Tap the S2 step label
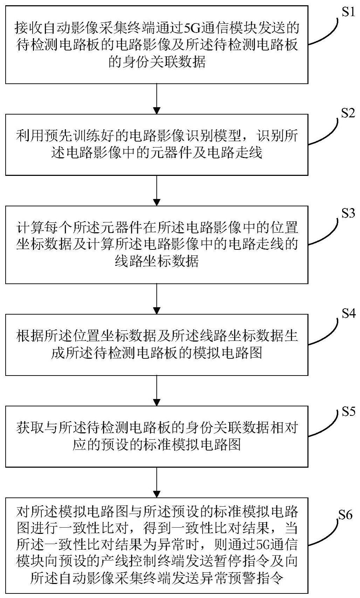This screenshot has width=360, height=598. point(348,113)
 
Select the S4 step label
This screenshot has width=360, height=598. point(348,314)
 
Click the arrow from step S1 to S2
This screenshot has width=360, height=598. point(157,98)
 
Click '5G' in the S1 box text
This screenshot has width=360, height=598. point(192,27)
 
